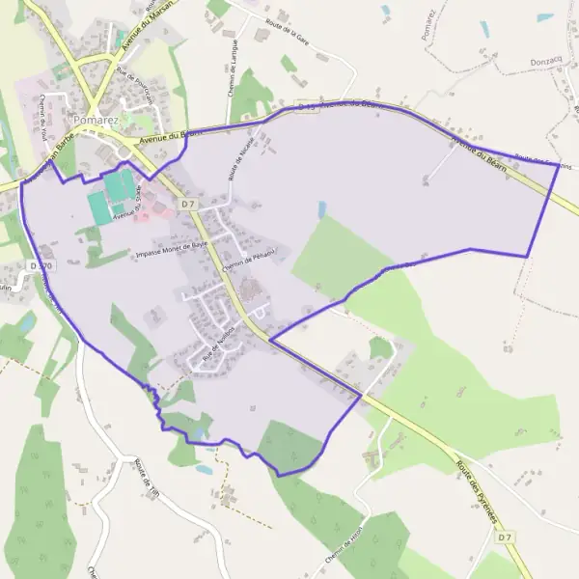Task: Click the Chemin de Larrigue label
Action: (234, 65)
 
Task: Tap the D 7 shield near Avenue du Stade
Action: (188, 204)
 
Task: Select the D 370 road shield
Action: (40, 265)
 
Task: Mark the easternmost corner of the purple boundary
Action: (559, 164)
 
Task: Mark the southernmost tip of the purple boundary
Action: (280, 475)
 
